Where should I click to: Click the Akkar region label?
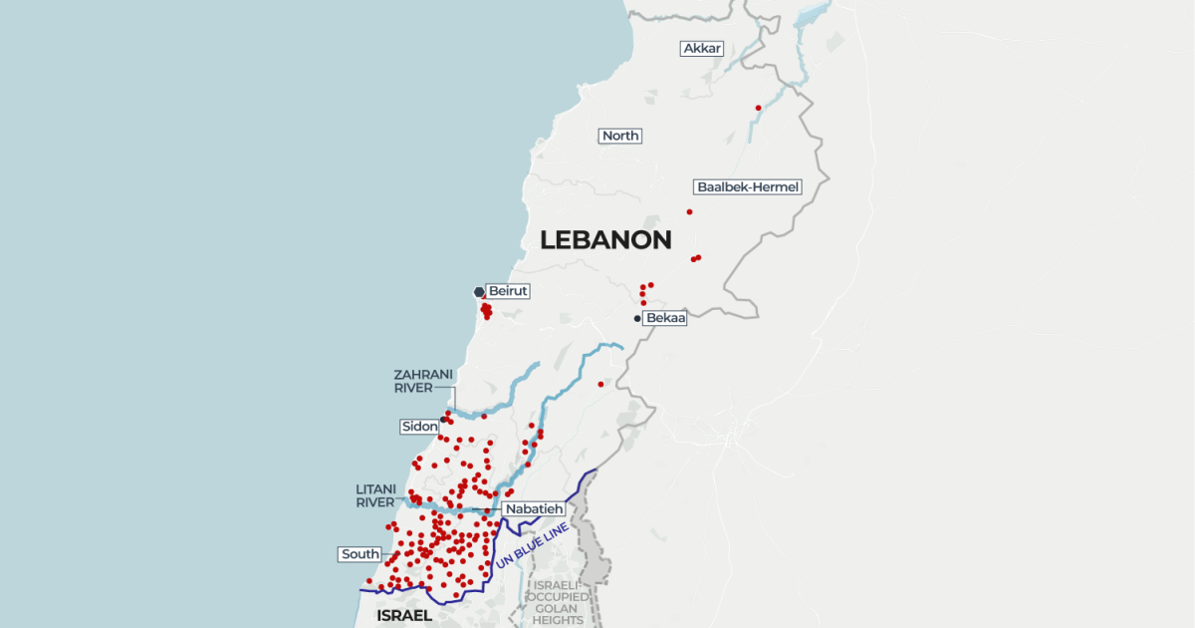(x=702, y=48)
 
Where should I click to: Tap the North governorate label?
(x=620, y=136)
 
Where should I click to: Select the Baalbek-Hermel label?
(x=748, y=186)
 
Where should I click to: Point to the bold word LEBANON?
(x=605, y=240)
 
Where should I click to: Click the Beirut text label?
(x=507, y=291)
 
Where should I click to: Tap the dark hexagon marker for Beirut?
(x=479, y=292)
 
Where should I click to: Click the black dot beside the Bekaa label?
(x=637, y=319)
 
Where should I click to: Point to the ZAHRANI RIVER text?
(x=413, y=381)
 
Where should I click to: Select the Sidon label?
(x=419, y=427)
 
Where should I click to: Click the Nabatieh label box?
(x=527, y=509)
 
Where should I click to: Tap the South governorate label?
(x=359, y=554)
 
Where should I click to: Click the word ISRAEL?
(x=404, y=616)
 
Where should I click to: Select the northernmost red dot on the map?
(x=759, y=108)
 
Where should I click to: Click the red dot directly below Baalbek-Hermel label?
(x=689, y=211)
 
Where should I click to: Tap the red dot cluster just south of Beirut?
(x=486, y=311)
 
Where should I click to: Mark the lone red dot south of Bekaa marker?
(x=600, y=384)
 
